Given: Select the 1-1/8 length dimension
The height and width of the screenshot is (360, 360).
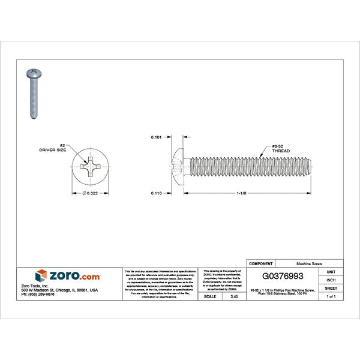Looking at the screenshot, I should [242, 194].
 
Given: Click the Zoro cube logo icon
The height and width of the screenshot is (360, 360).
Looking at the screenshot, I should [41, 276].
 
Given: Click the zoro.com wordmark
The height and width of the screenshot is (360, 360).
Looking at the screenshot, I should [75, 277].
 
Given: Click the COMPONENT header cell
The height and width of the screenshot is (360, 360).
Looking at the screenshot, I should [262, 263].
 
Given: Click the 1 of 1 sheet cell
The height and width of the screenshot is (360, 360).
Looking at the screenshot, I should [331, 296].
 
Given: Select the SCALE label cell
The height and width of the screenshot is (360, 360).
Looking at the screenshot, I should [210, 296].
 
